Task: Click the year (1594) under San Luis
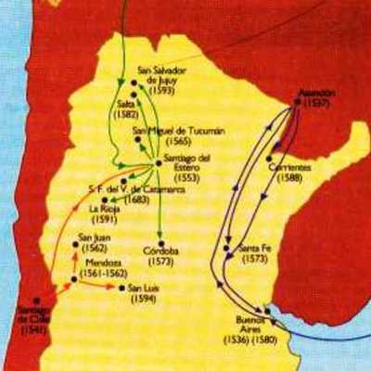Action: click(144, 299)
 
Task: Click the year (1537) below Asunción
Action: click(316, 104)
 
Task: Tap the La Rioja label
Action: click(102, 209)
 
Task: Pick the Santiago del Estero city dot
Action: click(154, 167)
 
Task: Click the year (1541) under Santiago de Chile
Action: click(34, 327)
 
